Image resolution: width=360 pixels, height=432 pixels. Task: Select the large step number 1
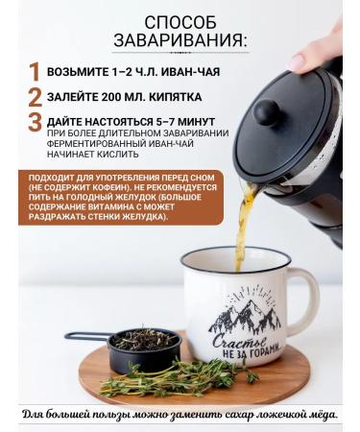coord(35,72)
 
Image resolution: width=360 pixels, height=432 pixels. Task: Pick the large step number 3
coord(35,123)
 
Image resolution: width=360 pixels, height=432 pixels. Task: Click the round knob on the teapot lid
coord(268,112)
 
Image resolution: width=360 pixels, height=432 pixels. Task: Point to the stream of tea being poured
coord(245,216)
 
